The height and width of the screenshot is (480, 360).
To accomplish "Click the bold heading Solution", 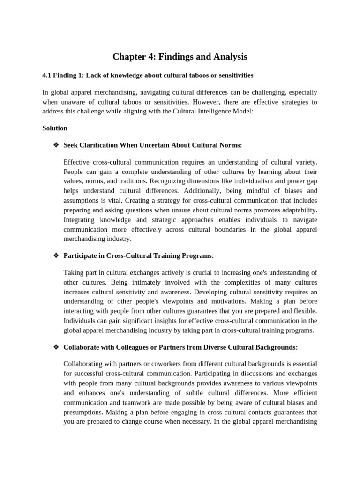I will point(55,128).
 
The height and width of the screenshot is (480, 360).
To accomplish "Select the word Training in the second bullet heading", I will point(165,255).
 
